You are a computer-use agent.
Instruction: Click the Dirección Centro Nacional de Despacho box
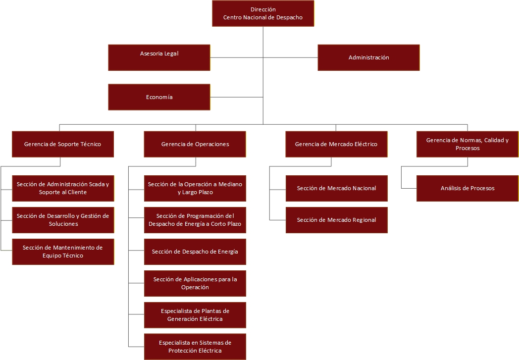click(x=263, y=13)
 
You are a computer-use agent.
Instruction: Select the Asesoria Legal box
click(x=159, y=57)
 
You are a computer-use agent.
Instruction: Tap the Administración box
click(x=369, y=57)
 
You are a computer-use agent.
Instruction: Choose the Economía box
click(x=159, y=97)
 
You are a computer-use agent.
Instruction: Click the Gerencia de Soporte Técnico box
click(x=63, y=144)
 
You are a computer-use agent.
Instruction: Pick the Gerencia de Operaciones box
click(x=195, y=144)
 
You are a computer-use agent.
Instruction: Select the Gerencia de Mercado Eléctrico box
click(x=337, y=144)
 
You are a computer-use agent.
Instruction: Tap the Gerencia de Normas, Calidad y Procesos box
click(x=467, y=144)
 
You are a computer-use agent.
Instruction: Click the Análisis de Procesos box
click(x=467, y=188)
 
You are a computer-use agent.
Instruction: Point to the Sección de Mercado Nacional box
click(x=337, y=188)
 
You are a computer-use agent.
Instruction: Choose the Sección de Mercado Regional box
click(x=337, y=220)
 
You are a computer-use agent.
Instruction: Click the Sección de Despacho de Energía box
click(x=195, y=252)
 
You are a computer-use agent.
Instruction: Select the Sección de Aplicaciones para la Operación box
click(x=195, y=284)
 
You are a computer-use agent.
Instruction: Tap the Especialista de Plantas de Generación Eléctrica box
click(x=195, y=315)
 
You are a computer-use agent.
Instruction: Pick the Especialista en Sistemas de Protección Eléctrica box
click(x=195, y=347)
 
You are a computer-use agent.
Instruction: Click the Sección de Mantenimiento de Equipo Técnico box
click(x=63, y=252)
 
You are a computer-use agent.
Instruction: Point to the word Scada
click(x=97, y=184)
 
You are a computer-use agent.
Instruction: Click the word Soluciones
click(x=63, y=224)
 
